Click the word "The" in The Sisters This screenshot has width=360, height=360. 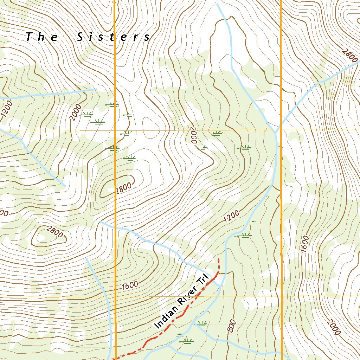[42, 37]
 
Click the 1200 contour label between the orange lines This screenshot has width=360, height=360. [231, 217]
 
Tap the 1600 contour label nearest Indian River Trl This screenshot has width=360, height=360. [130, 285]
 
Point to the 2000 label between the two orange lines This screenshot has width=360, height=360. [192, 135]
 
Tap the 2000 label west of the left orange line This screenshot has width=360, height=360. [75, 112]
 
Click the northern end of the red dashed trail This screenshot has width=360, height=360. [219, 259]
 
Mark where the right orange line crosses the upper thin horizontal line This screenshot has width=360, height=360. [281, 130]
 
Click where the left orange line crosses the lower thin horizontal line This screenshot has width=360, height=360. [115, 296]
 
